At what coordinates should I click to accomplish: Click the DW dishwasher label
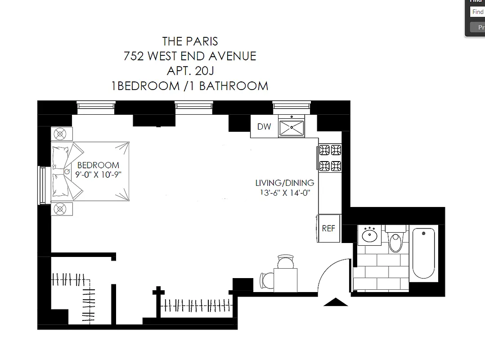264,126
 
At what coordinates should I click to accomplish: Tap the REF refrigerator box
328,228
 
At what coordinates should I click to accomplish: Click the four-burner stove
330,157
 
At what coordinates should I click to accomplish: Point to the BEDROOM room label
98,165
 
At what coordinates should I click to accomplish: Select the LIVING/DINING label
284,183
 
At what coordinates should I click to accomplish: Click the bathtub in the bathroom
423,254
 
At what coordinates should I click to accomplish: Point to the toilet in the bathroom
396,239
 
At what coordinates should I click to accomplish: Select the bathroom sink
370,234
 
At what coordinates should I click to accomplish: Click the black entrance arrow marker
336,302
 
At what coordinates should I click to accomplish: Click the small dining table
286,279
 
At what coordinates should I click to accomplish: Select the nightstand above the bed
61,134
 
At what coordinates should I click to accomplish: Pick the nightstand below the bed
61,208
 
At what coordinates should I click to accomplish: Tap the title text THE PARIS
190,41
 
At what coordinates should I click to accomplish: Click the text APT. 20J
190,71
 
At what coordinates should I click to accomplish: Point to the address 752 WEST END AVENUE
190,56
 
